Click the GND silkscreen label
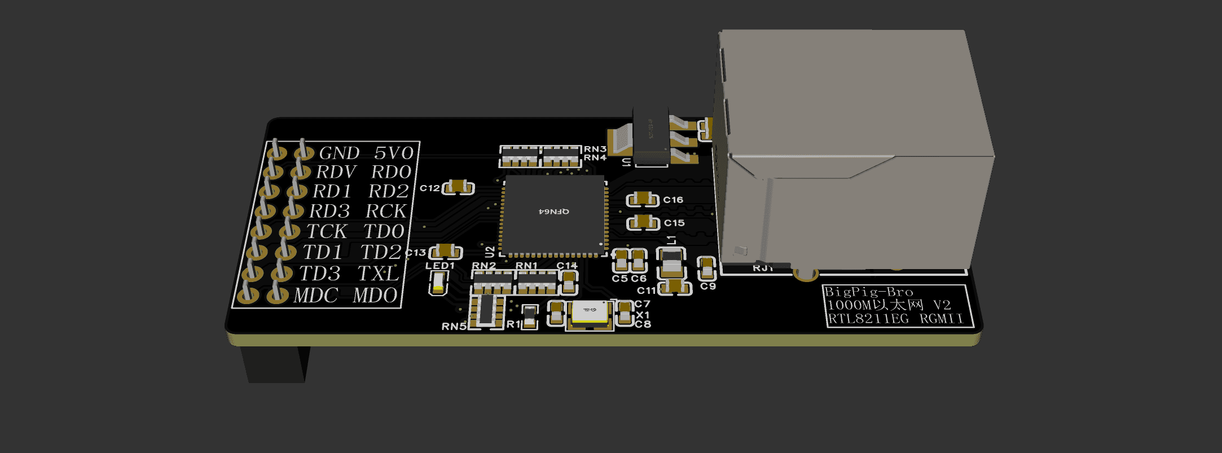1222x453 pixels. (x=339, y=153)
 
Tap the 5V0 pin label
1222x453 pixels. (x=394, y=153)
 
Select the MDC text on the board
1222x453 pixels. (x=316, y=295)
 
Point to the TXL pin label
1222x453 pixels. (x=378, y=274)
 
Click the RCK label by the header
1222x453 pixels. (x=386, y=211)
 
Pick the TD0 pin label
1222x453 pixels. (x=384, y=231)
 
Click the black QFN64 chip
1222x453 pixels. (x=553, y=214)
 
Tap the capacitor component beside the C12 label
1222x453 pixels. (x=458, y=187)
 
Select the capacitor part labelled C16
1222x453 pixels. (x=642, y=199)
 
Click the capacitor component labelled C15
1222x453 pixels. (x=643, y=222)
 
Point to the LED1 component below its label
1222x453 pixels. (x=438, y=283)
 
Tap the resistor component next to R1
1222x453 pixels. (x=529, y=316)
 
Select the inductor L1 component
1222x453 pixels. (x=671, y=262)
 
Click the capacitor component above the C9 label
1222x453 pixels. (x=707, y=268)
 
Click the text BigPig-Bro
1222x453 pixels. (x=869, y=292)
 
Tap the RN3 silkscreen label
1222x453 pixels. (x=595, y=149)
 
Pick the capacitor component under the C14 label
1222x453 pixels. (x=569, y=282)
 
